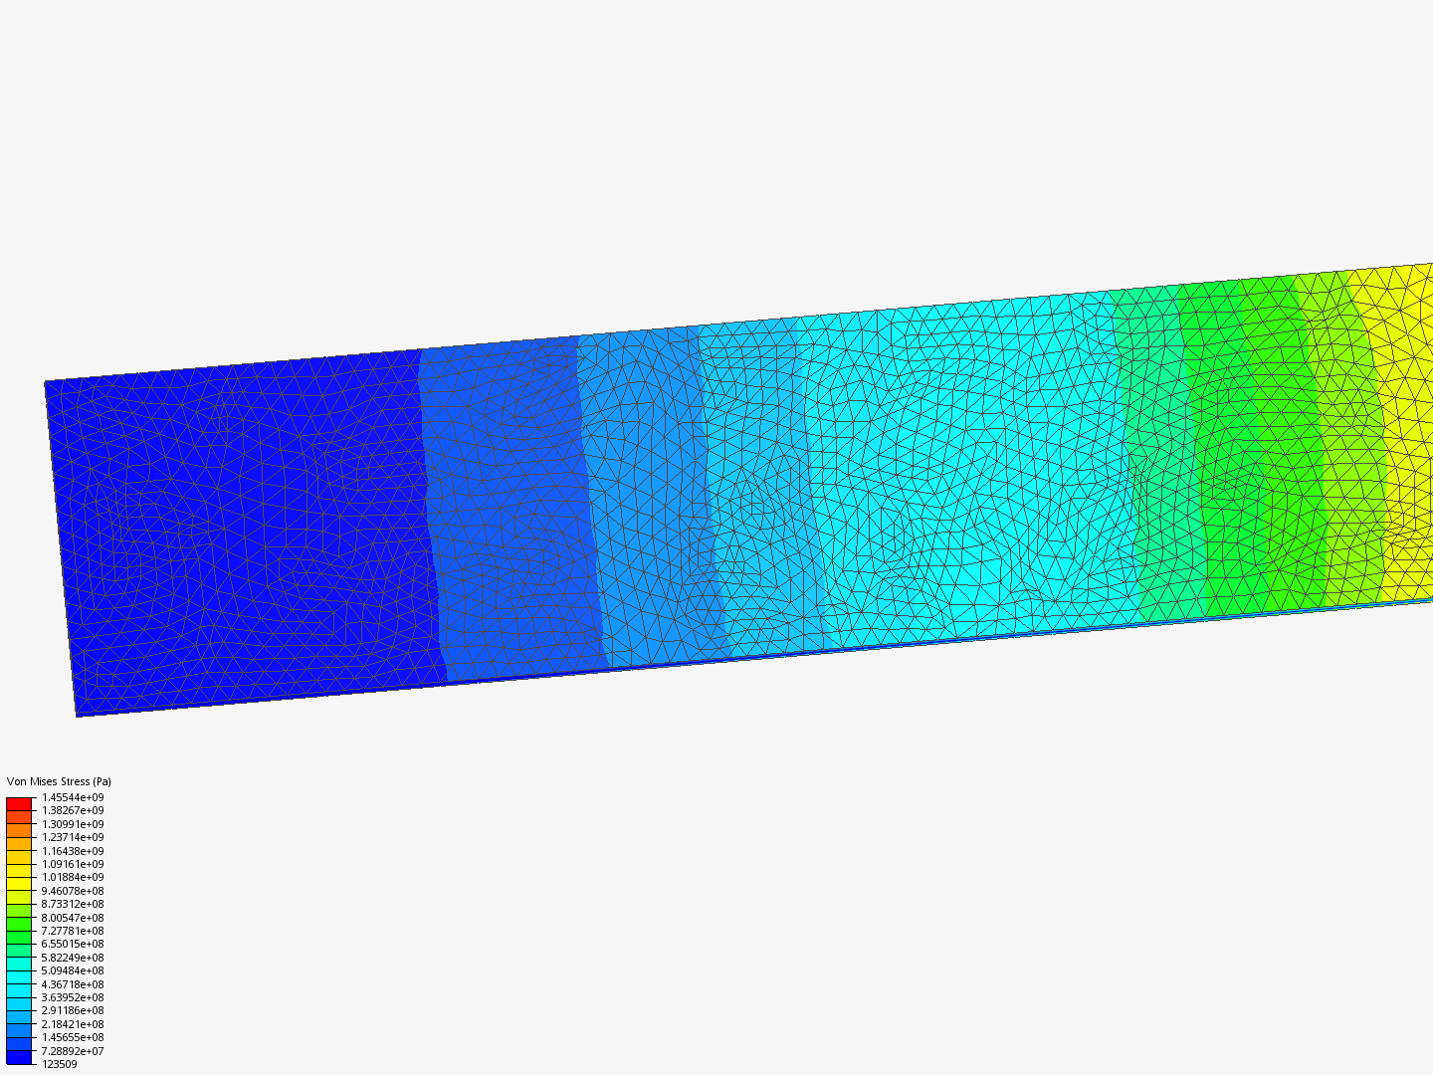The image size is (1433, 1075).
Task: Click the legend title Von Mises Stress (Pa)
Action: (59, 781)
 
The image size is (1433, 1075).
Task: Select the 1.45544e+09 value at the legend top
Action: (73, 797)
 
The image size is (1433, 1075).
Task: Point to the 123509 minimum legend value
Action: (60, 1064)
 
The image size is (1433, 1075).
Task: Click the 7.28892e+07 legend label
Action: (73, 1051)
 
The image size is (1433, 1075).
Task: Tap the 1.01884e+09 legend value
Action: (73, 877)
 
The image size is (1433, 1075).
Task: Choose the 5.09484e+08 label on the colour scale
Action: (73, 970)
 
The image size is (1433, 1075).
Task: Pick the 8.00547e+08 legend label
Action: (73, 918)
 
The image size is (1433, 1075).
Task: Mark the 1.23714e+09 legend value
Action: (73, 837)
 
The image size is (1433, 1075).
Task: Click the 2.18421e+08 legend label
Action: (73, 1024)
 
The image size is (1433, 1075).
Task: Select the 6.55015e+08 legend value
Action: (73, 944)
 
